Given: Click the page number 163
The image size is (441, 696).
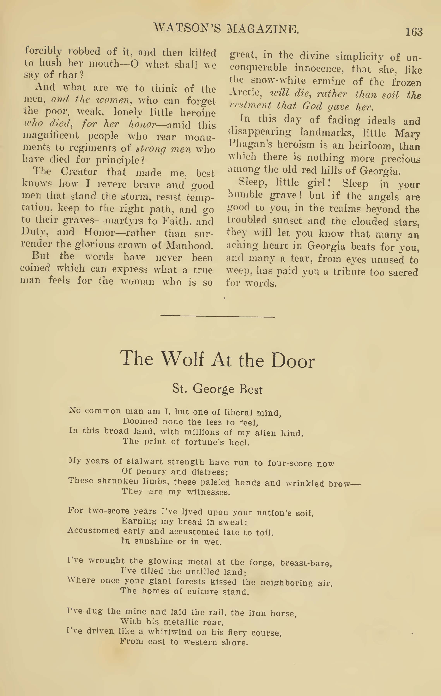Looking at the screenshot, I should pos(414,32).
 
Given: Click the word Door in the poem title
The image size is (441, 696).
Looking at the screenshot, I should pos(293,361).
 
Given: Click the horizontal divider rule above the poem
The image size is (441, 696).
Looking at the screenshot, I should pos(218,317).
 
